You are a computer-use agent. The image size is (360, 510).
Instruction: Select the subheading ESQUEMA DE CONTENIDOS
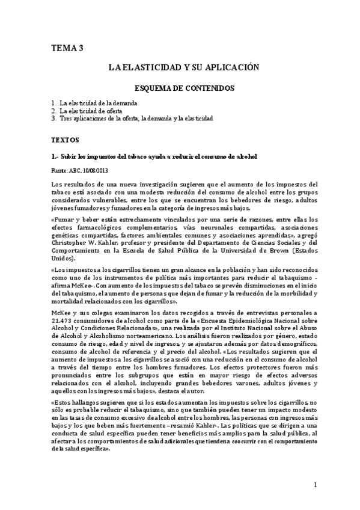pos(183,88)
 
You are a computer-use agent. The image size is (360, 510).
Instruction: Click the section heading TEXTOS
pos(66,140)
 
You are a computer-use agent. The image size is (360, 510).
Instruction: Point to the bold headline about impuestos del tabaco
pos(155,156)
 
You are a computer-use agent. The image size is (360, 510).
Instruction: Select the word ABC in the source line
pos(75,171)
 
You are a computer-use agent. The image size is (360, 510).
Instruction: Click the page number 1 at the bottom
pos(315,485)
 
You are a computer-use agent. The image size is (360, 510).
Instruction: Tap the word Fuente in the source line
pos(59,171)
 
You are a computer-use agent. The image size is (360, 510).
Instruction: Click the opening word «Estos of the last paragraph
pos(64,401)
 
